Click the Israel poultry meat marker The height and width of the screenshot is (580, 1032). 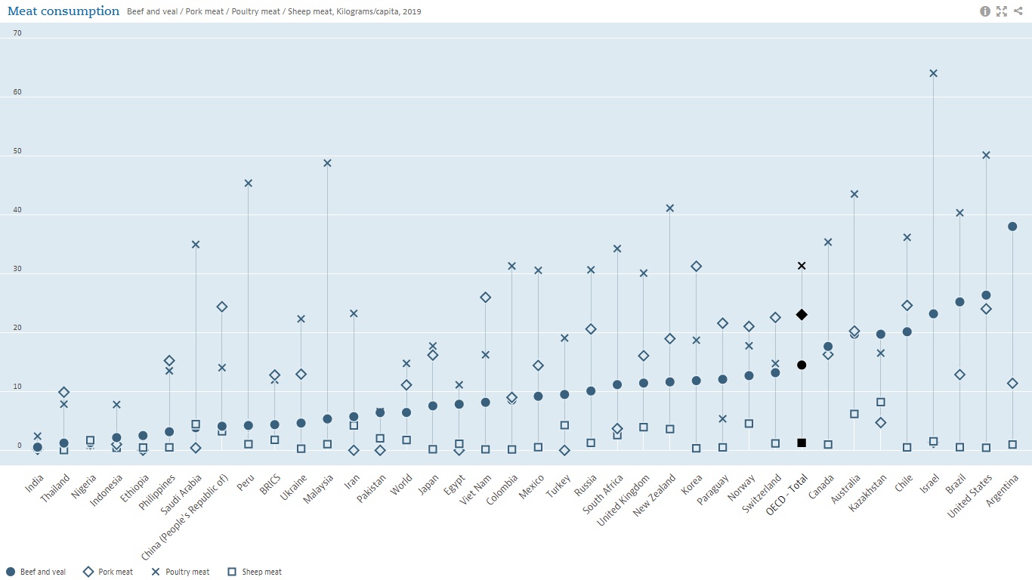coord(933,73)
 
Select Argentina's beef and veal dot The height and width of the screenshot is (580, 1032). coord(1012,227)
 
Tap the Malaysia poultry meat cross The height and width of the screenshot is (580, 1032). coord(327,163)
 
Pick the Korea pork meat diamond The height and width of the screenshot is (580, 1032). coord(696,267)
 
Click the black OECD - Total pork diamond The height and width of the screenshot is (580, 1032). coord(802,315)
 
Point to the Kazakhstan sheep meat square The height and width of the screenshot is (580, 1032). coord(881,403)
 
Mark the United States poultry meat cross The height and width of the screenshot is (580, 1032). coord(986,156)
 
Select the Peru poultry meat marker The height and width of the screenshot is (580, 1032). coord(249,184)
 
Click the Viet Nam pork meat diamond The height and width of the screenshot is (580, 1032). coord(486,298)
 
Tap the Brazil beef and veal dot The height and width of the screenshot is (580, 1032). coord(959,302)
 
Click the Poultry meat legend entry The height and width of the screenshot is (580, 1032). coord(181,572)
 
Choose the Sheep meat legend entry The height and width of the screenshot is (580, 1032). coord(255,572)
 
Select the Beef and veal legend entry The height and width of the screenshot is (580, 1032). coord(36,572)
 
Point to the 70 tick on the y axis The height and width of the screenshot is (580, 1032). coord(17,33)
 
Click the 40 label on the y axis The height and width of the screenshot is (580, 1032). coord(17,211)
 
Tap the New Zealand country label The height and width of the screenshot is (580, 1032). coord(650,495)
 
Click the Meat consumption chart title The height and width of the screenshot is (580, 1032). coord(63,11)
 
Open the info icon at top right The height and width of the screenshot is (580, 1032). coord(985,11)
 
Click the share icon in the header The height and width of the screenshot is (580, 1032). coord(1018,11)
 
